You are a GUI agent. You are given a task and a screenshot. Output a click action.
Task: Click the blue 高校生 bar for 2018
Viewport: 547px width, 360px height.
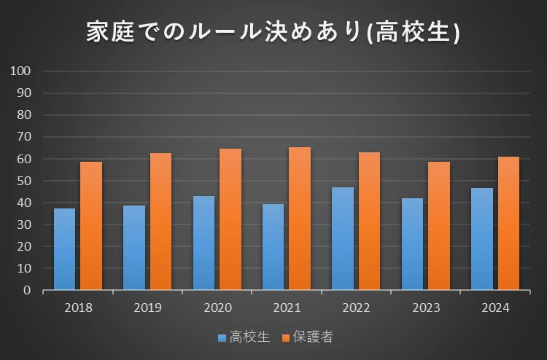click(x=64, y=249)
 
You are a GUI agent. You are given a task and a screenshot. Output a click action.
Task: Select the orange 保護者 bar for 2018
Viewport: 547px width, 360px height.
click(x=91, y=226)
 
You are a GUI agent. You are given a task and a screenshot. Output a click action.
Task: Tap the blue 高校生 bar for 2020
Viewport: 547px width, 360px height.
click(x=203, y=243)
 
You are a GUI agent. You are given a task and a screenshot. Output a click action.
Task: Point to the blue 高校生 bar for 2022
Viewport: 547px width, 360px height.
click(x=343, y=238)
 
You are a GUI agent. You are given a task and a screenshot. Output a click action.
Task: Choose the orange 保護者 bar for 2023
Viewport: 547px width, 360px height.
click(x=438, y=226)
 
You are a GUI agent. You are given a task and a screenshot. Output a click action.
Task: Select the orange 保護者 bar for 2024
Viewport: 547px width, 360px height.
click(x=508, y=223)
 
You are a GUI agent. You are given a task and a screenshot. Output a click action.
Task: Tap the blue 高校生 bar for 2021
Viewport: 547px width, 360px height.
click(x=273, y=247)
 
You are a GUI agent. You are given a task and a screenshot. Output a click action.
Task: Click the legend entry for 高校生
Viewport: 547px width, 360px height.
click(x=243, y=337)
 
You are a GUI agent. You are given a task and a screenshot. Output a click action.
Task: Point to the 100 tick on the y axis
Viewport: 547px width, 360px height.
click(x=20, y=71)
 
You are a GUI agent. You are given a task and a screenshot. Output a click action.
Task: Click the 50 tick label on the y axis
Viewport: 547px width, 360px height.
click(x=24, y=181)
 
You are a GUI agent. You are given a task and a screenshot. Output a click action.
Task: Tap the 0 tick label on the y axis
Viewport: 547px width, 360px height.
click(x=27, y=290)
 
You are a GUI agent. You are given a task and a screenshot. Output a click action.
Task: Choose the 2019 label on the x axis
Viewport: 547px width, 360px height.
click(x=147, y=308)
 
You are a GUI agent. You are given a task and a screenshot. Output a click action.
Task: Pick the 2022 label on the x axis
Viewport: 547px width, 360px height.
click(x=356, y=308)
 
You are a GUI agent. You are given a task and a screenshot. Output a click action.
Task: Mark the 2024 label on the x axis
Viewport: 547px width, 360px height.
click(x=495, y=308)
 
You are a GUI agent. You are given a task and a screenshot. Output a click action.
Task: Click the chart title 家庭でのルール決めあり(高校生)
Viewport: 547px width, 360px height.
click(x=273, y=33)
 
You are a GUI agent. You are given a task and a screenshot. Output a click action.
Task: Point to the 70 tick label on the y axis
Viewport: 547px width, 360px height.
click(x=24, y=137)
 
